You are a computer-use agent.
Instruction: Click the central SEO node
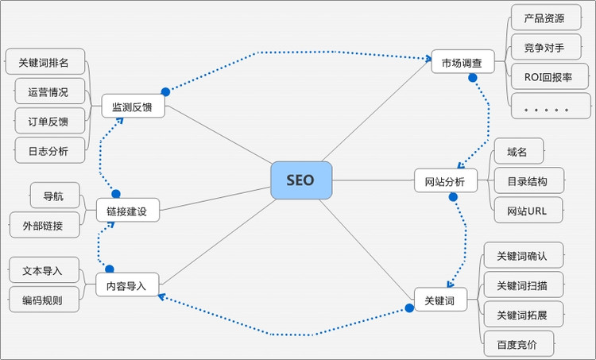tap(300, 180)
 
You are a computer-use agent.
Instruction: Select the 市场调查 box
tap(462, 61)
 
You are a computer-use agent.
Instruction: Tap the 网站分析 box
tap(445, 181)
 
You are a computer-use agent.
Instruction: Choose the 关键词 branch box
tap(439, 300)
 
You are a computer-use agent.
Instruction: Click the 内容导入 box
tap(127, 285)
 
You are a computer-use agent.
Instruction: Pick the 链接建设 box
tap(127, 211)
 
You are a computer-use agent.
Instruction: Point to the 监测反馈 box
tap(133, 106)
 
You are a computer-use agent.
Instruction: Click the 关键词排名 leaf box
tap(43, 62)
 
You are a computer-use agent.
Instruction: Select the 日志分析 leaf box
tap(48, 149)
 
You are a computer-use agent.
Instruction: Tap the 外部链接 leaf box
tap(45, 225)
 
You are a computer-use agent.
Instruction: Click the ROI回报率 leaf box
tap(549, 77)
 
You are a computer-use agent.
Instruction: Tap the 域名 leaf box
tap(518, 151)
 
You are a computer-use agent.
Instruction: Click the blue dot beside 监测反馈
tap(165, 91)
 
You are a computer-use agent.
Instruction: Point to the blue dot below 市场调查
tap(473, 78)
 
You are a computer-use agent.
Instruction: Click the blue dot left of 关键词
tap(409, 308)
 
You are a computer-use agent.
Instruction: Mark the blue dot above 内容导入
tap(109, 269)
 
